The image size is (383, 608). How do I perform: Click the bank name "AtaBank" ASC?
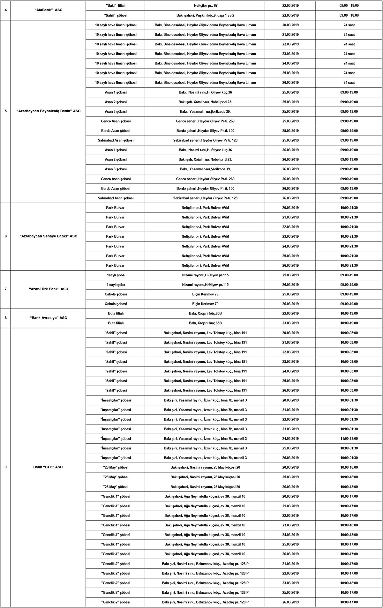tap(48, 10)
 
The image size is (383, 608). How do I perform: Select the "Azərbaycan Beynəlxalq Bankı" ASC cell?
tap(48, 111)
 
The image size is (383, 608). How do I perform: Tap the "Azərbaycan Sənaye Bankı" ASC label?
tap(48, 236)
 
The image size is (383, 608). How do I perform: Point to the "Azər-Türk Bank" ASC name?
tap(48, 289)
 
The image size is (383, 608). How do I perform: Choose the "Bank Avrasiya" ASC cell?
tap(48, 318)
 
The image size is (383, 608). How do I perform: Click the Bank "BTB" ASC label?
tap(48, 467)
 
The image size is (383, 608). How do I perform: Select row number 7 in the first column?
tap(5, 289)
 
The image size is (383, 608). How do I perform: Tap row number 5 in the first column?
tap(5, 111)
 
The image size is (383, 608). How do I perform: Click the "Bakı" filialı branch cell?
tap(115, 6)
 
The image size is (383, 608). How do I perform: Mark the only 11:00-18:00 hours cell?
tap(349, 439)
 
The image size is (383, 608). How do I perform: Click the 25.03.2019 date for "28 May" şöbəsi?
tap(290, 477)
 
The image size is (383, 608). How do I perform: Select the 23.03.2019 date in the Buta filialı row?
tap(290, 323)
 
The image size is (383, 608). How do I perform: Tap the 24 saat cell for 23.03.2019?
tap(349, 54)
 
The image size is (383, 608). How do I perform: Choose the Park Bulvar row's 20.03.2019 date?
tap(290, 208)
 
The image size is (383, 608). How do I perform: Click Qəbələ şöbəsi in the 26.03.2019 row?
tap(115, 304)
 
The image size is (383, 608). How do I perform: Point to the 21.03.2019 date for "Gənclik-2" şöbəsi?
tap(290, 564)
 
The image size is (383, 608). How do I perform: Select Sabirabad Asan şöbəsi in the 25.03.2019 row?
tap(115, 140)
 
